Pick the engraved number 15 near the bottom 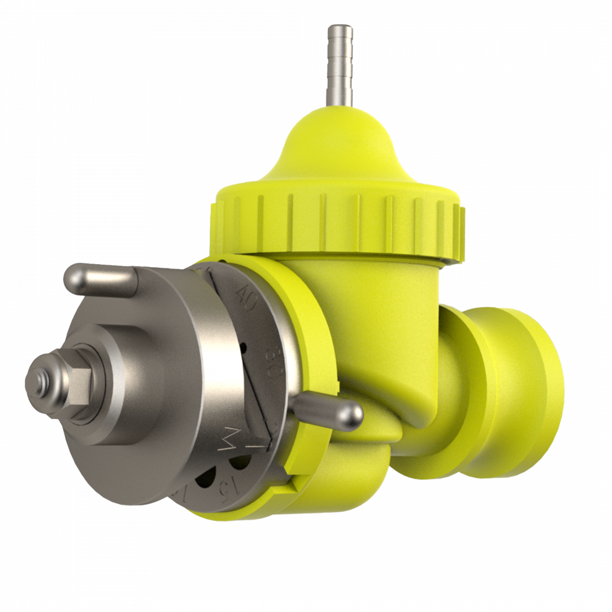230,485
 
